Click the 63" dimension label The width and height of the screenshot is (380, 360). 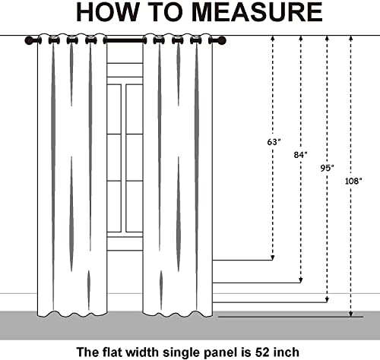274,142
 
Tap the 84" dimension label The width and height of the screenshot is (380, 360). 300,155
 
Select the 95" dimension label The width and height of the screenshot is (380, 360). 327,168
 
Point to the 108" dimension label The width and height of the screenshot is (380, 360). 353,181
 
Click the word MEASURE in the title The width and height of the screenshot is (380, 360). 257,12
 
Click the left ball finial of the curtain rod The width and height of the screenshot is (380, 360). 29,40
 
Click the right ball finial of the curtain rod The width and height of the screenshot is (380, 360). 222,40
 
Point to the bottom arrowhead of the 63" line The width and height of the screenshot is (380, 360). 273,257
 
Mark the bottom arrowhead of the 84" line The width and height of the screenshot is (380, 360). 301,280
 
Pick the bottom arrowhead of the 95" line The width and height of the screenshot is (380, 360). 327,300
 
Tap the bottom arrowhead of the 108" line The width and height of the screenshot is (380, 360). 351,314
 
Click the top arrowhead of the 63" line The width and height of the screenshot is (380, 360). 273,38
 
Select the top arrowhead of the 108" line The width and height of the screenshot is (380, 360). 351,38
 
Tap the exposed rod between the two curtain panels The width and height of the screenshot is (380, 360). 125,40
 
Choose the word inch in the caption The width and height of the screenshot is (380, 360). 287,352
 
